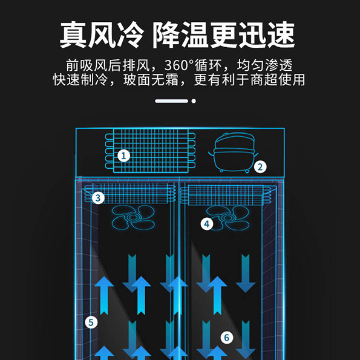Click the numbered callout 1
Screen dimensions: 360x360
(x=123, y=155)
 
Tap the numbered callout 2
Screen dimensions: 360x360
(x=260, y=166)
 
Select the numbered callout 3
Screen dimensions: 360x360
(x=98, y=198)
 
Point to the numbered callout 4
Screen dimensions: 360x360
(x=207, y=224)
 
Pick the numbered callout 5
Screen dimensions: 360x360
(x=91, y=322)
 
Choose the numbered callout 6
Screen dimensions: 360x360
(x=227, y=338)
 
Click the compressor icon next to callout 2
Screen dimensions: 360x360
(x=234, y=152)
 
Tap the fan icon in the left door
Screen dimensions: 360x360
(x=133, y=217)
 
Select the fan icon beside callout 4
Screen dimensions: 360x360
(x=227, y=218)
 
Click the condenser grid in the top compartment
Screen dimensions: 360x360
(x=151, y=151)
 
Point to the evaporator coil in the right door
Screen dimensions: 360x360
(x=226, y=195)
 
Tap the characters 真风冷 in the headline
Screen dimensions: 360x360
(x=102, y=35)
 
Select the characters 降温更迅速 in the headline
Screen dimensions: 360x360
(x=223, y=35)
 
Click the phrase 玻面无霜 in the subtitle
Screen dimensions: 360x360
(x=151, y=80)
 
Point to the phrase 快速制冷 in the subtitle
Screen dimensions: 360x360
(x=80, y=80)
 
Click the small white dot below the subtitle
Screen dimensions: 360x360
(x=194, y=101)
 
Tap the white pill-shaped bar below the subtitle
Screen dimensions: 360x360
(x=171, y=101)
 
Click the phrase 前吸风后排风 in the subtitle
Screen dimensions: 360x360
(x=108, y=65)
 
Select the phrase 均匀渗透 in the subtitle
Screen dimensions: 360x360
(x=265, y=65)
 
